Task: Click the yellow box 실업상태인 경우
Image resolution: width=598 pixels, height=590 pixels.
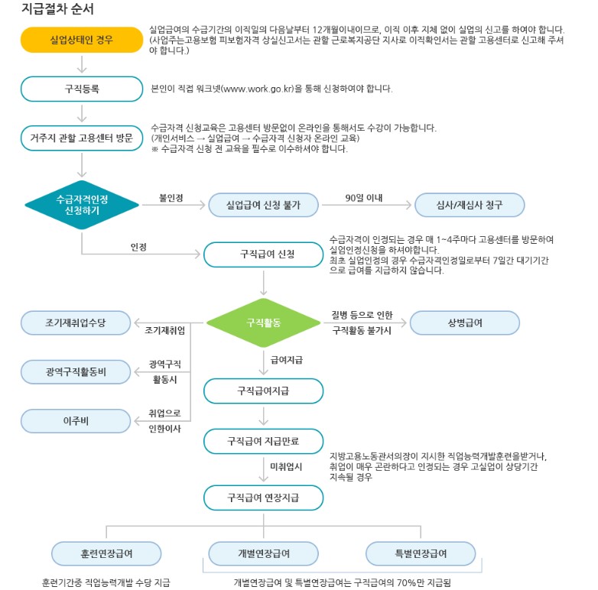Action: click(x=81, y=40)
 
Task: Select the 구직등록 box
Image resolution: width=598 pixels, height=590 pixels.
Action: click(x=81, y=89)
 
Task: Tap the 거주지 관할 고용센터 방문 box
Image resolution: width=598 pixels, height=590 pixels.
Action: click(x=81, y=138)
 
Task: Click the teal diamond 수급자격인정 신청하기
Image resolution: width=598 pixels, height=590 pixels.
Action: click(x=82, y=205)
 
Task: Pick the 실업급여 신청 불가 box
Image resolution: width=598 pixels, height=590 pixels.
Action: click(x=263, y=205)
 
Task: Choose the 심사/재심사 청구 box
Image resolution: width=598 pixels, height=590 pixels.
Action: click(x=470, y=205)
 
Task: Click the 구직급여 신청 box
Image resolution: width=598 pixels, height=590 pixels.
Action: click(x=263, y=254)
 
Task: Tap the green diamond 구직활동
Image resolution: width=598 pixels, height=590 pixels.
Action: click(x=263, y=323)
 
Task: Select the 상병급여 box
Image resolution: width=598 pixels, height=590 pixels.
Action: click(x=465, y=323)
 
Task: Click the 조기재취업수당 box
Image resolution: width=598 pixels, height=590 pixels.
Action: click(x=76, y=323)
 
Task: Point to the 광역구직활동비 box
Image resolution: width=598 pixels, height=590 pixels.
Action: click(x=76, y=372)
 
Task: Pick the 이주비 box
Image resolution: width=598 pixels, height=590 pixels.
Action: click(x=76, y=420)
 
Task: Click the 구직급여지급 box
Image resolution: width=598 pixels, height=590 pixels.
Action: click(x=263, y=391)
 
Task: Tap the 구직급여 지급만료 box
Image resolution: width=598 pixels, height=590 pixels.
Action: click(x=263, y=441)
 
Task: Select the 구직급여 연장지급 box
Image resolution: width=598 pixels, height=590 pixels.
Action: click(x=263, y=498)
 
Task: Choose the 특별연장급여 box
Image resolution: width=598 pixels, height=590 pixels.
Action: click(x=417, y=553)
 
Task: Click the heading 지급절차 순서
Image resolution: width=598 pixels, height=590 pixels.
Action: click(x=58, y=10)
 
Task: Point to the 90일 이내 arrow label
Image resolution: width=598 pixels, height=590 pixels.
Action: click(x=364, y=198)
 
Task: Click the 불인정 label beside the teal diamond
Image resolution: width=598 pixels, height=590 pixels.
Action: click(x=171, y=198)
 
